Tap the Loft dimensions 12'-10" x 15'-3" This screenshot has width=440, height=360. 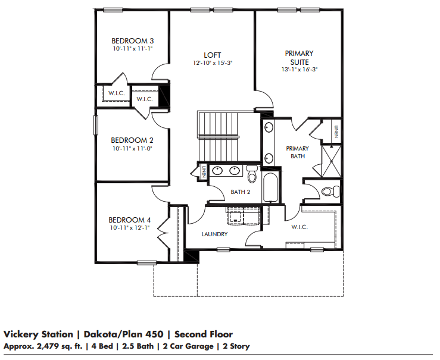[x=213, y=63]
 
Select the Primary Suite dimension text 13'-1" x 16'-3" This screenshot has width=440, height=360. [x=299, y=69]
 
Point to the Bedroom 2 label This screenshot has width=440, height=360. [x=132, y=140]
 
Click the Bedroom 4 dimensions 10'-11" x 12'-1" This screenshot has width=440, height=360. [x=130, y=228]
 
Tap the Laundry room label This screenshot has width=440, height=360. [x=214, y=234]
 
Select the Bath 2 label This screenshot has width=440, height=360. [x=241, y=192]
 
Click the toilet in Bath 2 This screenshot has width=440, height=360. [x=252, y=174]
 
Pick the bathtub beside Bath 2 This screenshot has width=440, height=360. [x=270, y=187]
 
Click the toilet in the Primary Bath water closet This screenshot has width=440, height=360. [x=330, y=192]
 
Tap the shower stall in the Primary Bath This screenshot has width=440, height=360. [x=331, y=161]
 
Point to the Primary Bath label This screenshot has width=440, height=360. [x=298, y=152]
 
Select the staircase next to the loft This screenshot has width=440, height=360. [x=219, y=137]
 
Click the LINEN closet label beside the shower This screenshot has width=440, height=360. [x=336, y=132]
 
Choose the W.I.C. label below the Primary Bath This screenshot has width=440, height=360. [x=299, y=227]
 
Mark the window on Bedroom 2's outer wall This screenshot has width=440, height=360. [x=96, y=126]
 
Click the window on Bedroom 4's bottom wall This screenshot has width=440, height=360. [x=146, y=262]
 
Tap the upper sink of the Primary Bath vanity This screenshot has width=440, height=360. [x=269, y=127]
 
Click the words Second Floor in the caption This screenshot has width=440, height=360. [x=204, y=334]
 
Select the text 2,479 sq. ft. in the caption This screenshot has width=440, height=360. [x=60, y=346]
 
